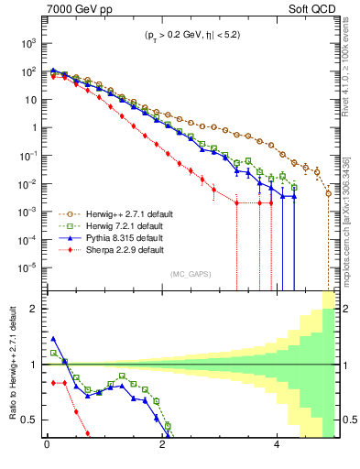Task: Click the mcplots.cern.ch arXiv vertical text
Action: click(x=350, y=220)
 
